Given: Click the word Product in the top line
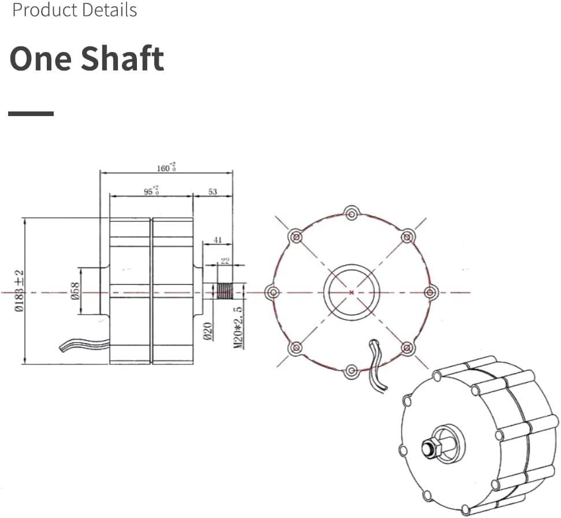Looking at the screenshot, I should pos(43,10).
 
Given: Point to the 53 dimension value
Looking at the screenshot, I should pos(212,191).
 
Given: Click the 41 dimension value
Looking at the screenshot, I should pos(217,239).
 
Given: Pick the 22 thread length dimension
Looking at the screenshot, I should pos(225,261).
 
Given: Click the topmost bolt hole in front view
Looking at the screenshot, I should pos(351,213).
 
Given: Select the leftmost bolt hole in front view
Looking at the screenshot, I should pos(272,292).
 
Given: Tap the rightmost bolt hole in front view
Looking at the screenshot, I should pos(429,292).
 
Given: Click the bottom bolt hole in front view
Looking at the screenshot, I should pos(351,370).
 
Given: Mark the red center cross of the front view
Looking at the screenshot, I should pos(351,292).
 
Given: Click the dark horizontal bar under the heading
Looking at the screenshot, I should pos(31,114).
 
